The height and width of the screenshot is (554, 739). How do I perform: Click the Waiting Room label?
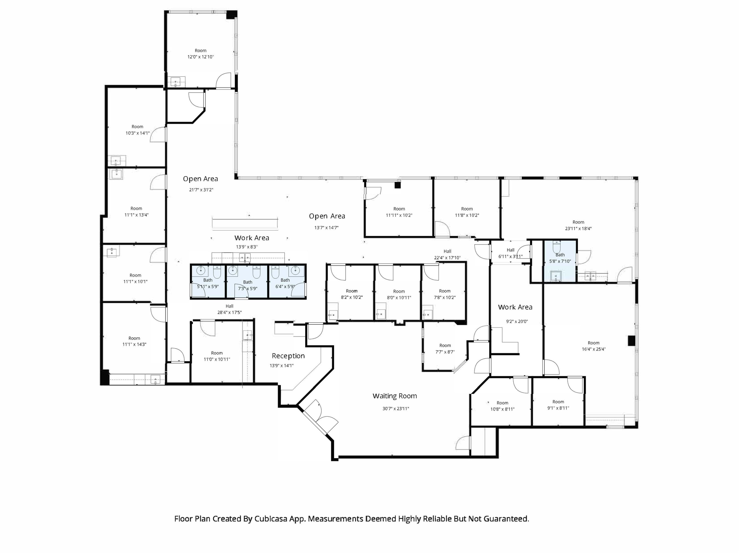[x=394, y=396]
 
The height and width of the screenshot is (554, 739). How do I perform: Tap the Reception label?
[x=288, y=356]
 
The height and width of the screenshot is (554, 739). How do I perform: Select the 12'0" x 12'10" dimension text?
[x=200, y=57]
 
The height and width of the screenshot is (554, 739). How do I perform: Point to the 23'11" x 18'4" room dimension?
[x=578, y=229]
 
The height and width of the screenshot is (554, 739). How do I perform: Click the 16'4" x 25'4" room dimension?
[x=593, y=349]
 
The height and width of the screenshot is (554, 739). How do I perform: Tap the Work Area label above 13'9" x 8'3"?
[x=252, y=238]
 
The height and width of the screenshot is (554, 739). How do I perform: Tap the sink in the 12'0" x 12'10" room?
[x=176, y=82]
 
